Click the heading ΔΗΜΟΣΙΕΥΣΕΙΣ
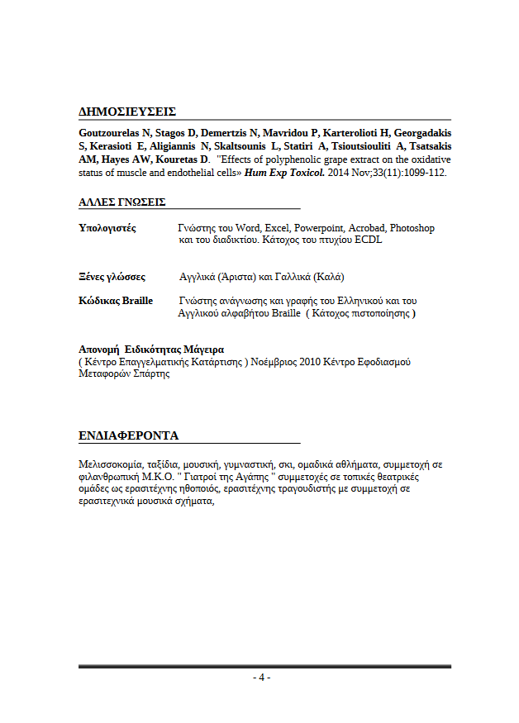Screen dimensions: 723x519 tap(127, 112)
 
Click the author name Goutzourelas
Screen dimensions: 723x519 tap(109, 133)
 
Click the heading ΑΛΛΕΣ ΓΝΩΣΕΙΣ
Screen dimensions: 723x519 tap(121, 202)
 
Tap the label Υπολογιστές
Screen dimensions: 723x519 tap(107, 228)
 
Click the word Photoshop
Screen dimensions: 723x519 tap(412, 228)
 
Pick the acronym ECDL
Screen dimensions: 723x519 tap(368, 240)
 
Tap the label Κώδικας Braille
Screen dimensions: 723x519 tap(116, 301)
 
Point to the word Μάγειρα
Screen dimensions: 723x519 tap(203, 350)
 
